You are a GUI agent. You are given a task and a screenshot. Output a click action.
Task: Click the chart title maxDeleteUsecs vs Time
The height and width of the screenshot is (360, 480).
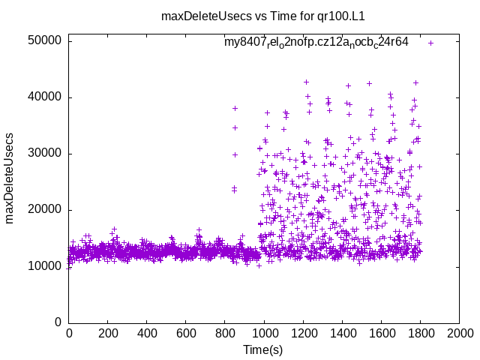tap(240, 15)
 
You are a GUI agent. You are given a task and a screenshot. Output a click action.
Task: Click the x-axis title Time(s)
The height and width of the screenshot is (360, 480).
tap(264, 349)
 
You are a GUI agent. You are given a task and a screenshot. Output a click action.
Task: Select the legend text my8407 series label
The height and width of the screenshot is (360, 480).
tap(316, 42)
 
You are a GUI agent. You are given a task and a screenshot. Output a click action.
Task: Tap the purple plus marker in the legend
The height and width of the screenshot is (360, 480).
tap(430, 43)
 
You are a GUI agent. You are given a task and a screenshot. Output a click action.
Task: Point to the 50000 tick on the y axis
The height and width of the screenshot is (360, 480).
tap(44, 40)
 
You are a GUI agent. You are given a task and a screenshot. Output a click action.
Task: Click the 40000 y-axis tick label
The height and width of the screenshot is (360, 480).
tap(44, 97)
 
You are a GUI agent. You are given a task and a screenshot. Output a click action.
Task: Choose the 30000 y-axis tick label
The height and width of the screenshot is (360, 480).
tap(44, 154)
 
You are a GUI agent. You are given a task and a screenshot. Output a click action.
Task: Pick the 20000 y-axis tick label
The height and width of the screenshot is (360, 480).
tap(44, 210)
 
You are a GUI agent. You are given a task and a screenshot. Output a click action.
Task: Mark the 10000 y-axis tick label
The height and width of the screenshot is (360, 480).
tap(44, 266)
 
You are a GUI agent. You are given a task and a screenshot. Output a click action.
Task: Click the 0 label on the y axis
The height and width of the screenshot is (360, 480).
tap(58, 322)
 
